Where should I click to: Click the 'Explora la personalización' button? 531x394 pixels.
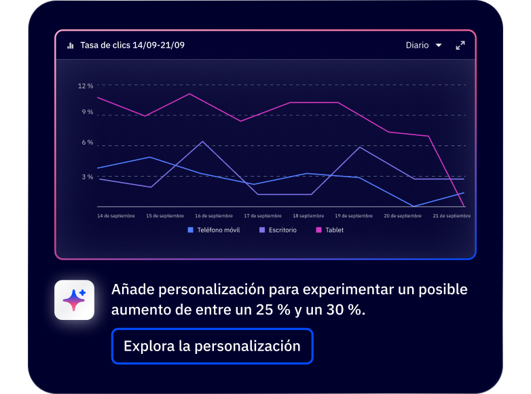pos(212,346)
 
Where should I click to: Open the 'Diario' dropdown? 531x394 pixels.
pos(424,46)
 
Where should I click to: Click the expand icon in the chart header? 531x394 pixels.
pos(460,46)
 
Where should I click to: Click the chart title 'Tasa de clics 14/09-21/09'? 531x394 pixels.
pos(132,46)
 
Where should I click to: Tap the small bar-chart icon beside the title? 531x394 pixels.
pos(71,46)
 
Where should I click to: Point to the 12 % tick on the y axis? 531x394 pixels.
pos(86,86)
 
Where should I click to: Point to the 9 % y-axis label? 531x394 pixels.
pos(87,111)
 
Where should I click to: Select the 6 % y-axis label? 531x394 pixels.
pos(87,143)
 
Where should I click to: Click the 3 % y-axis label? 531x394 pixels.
pos(87,177)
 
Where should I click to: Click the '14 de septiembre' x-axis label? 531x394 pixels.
pos(116,216)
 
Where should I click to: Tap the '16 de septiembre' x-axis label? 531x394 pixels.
pos(214,216)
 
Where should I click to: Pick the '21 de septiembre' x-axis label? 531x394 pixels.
pos(452,216)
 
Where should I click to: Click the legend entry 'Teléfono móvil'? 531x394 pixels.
pos(213,230)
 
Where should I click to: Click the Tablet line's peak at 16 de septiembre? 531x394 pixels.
pos(189,94)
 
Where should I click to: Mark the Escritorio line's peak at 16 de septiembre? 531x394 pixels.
pos(202,141)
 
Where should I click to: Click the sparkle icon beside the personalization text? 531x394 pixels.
pos(74,300)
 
